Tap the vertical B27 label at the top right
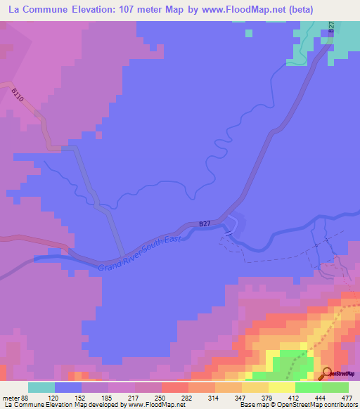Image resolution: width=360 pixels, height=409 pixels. pyautogui.click(x=330, y=27)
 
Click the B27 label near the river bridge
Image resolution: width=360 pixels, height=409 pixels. pyautogui.click(x=205, y=223)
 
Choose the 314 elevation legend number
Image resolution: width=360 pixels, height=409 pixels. pyautogui.click(x=214, y=397)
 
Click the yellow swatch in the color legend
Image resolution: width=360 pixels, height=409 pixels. pyautogui.click(x=281, y=387)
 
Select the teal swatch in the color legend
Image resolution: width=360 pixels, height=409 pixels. pyautogui.click(x=41, y=387)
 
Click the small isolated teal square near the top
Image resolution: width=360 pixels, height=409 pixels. pyautogui.click(x=248, y=32)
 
